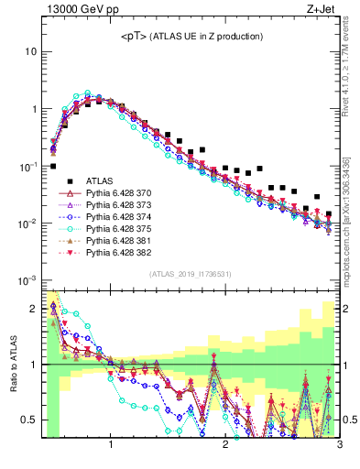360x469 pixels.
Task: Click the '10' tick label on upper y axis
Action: tap(30, 51)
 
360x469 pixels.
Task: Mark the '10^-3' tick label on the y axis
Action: tap(27, 280)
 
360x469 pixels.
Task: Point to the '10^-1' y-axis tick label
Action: tap(27, 166)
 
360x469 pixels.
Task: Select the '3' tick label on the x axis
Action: tap(340, 446)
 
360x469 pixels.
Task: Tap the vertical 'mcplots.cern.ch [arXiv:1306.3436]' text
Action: tap(350, 221)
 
